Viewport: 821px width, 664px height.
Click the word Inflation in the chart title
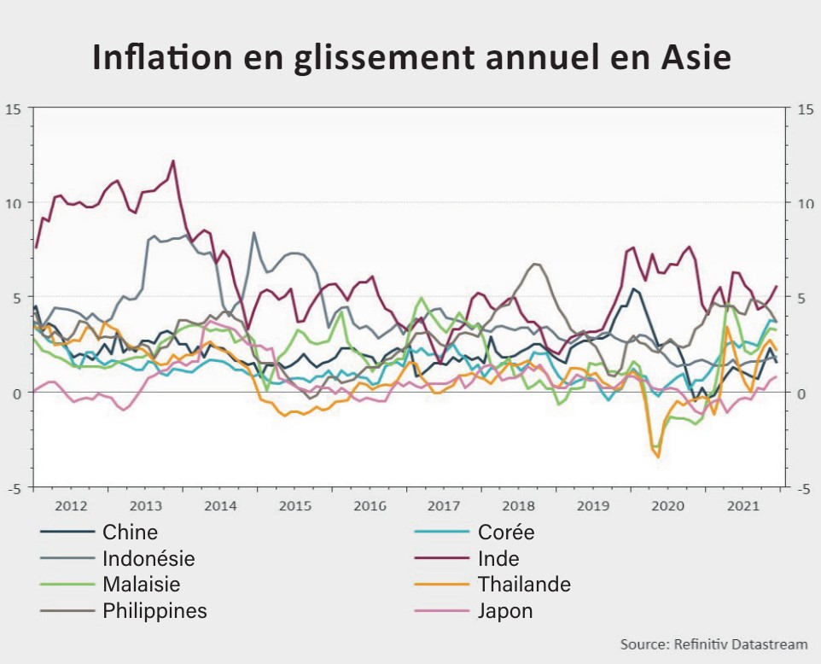pyautogui.click(x=160, y=57)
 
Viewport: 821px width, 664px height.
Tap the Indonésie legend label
pyautogui.click(x=148, y=559)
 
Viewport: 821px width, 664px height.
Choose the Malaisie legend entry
pyautogui.click(x=141, y=585)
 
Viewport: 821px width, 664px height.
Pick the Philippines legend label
pyautogui.click(x=154, y=611)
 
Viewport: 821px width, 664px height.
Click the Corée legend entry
pyautogui.click(x=506, y=533)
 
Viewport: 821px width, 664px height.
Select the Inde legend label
pyautogui.click(x=498, y=559)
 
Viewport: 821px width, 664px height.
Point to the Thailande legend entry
pyautogui.click(x=524, y=585)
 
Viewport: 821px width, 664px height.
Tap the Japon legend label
pyautogui.click(x=505, y=611)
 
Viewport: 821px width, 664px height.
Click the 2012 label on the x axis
pyautogui.click(x=71, y=506)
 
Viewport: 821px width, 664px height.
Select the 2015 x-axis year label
pyautogui.click(x=295, y=506)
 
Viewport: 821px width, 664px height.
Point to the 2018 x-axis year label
pyautogui.click(x=519, y=506)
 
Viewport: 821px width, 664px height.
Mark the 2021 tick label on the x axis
pyautogui.click(x=742, y=506)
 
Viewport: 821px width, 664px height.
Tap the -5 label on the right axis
pyautogui.click(x=803, y=488)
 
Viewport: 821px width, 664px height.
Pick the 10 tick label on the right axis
pyautogui.click(x=805, y=203)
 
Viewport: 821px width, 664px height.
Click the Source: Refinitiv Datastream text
pyautogui.click(x=713, y=644)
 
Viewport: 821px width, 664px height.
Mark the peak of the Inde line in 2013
pyautogui.click(x=173, y=160)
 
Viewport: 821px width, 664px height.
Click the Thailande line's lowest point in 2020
pyautogui.click(x=658, y=457)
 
